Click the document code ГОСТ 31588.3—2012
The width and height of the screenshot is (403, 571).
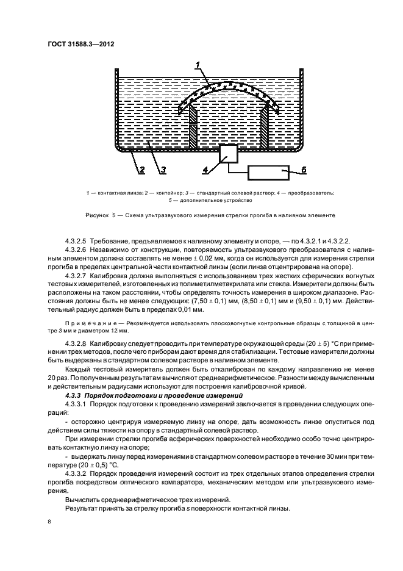click(81, 44)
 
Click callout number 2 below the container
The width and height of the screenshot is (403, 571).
click(141, 170)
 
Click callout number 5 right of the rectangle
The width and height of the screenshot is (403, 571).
click(306, 170)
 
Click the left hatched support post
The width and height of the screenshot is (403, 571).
click(193, 126)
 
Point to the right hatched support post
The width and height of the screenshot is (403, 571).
click(266, 126)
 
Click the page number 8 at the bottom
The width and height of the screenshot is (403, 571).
click(49, 522)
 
